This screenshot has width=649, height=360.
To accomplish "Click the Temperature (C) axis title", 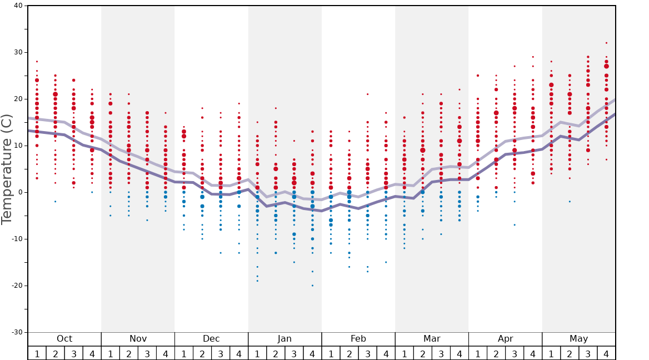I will (7, 169).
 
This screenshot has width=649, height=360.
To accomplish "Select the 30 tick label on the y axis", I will (19, 52).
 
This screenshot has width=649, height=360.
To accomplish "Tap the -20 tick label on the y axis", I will (17, 286).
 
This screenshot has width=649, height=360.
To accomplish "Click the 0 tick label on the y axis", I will (21, 192).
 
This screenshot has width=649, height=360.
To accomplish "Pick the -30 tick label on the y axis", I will (17, 332).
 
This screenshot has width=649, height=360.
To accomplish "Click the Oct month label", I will (64, 339).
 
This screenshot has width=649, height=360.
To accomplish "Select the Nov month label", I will (138, 339).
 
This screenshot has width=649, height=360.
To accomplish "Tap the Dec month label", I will (211, 339).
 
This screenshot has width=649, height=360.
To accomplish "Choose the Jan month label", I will (284, 339).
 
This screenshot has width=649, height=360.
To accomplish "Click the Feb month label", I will (358, 339).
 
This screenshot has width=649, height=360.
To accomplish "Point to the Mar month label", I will (432, 339).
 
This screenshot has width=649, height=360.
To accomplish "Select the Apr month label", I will (505, 339).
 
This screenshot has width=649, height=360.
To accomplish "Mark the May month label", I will (578, 339).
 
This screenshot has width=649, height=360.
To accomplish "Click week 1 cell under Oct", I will (37, 353).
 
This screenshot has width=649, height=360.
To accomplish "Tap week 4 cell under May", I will (606, 353).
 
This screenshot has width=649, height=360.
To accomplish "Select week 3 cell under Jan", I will (294, 353).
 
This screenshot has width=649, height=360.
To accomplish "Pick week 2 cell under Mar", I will (422, 353).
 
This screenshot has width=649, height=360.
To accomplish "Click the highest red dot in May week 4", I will (606, 43).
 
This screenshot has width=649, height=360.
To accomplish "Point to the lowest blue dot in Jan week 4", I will (312, 286).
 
